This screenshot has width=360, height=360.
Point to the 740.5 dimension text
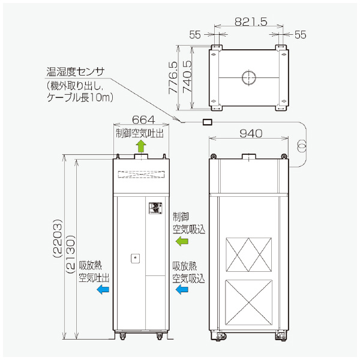tap(187, 76)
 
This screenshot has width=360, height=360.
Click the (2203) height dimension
tap(58, 246)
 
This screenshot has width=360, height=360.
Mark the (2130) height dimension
tap(70, 246)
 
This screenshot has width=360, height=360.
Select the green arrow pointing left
tap(181, 241)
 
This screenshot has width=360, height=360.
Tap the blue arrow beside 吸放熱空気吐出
tap(103, 289)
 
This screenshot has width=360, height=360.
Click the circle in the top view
tap(249, 77)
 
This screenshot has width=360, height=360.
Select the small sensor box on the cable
tap(208, 122)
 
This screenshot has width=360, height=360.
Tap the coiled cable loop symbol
tap(302, 145)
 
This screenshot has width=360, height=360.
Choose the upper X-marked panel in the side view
tap(248, 254)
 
